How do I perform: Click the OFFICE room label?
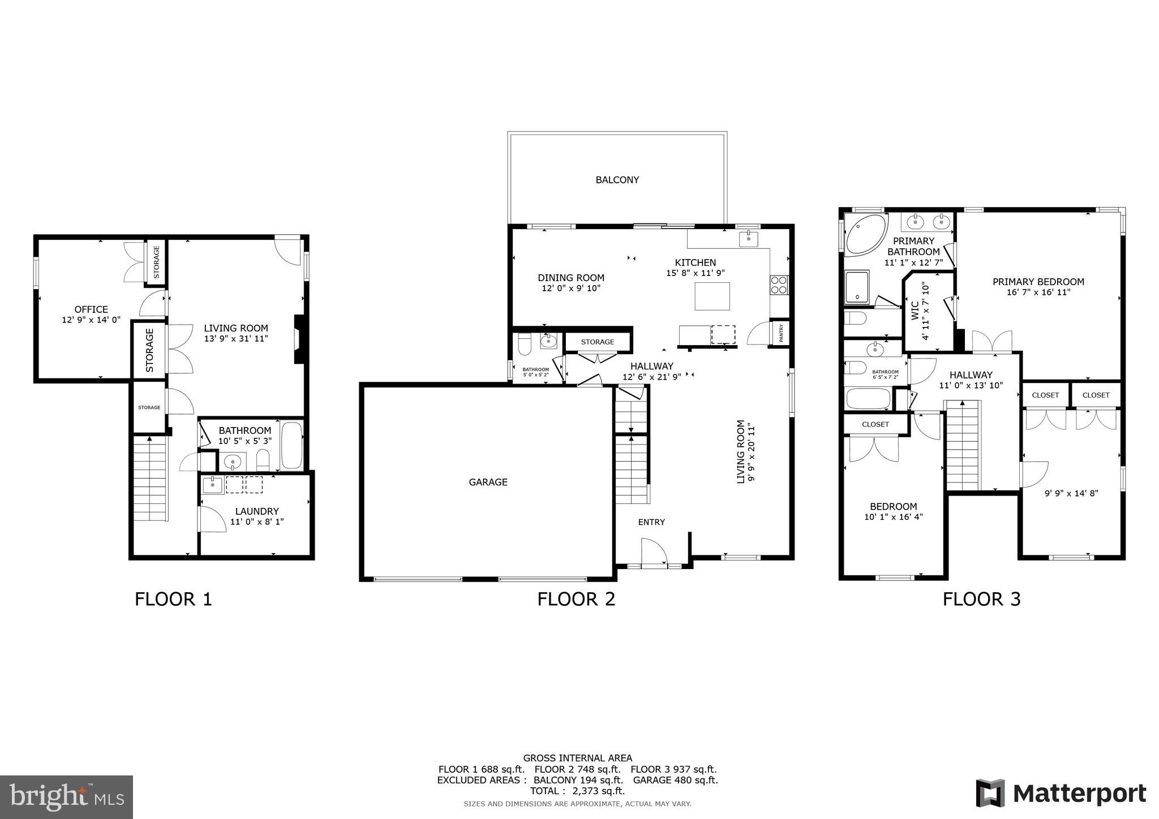click(91, 309)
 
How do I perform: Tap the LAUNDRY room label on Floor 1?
click(257, 511)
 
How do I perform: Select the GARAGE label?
click(488, 482)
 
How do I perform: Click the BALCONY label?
click(617, 180)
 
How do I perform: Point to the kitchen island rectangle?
click(712, 296)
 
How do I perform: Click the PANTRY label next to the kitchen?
click(781, 333)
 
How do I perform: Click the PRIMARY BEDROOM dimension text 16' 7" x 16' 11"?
click(1038, 292)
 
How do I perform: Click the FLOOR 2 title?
click(576, 599)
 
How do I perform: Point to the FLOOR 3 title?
click(981, 599)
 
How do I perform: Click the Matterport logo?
click(1061, 793)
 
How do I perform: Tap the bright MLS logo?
click(67, 797)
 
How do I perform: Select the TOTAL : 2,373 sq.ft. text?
click(577, 791)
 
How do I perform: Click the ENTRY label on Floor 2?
click(651, 522)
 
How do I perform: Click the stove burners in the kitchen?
click(779, 285)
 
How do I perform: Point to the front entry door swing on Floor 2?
click(654, 551)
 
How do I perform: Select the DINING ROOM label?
click(571, 278)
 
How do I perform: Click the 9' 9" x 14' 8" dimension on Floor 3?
click(1071, 493)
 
